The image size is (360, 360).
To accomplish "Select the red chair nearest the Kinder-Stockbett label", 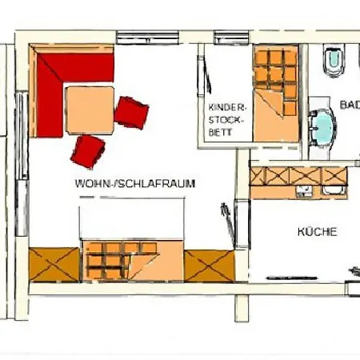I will pyautogui.click(x=131, y=111).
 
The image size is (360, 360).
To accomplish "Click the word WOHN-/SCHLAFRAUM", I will pyautogui.click(x=135, y=183).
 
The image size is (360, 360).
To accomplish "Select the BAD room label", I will pyautogui.click(x=349, y=105).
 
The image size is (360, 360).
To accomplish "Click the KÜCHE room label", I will pyautogui.click(x=317, y=232).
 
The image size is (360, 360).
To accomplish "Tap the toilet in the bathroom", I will pyautogui.click(x=333, y=60).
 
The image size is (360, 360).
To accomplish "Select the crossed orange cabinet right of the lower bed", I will pyautogui.click(x=210, y=265).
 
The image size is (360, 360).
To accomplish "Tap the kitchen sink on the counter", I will pyautogui.click(x=335, y=190).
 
